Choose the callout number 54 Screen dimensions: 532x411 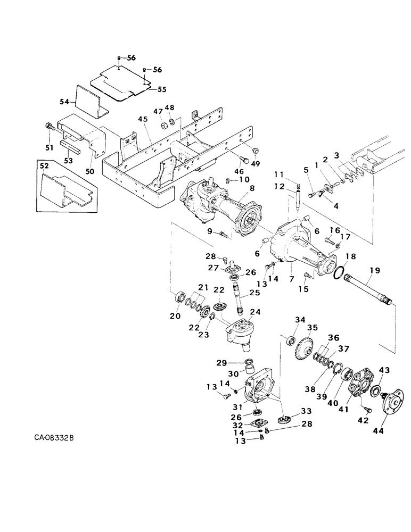(68, 101)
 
